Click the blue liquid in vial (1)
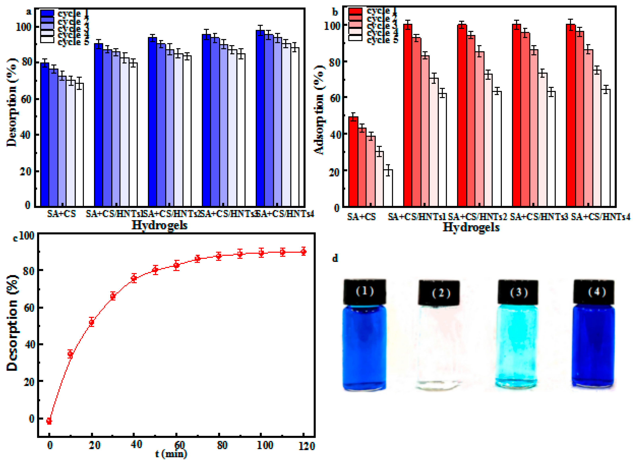coord(365,349)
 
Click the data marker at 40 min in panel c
coord(134,278)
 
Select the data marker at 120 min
coord(303,252)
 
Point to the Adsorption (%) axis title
coord(319,110)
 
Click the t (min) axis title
coord(171,454)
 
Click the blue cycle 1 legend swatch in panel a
coord(47,13)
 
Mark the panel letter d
coord(335,258)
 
